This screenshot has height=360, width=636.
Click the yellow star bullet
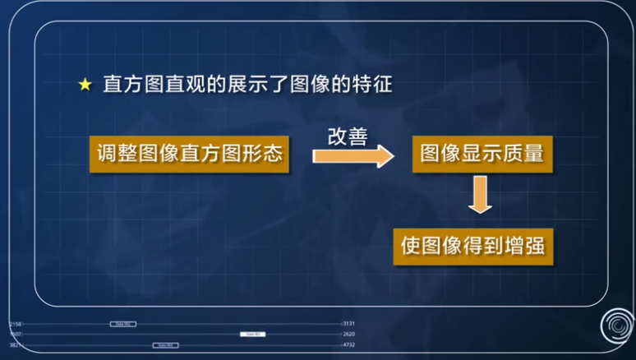85,85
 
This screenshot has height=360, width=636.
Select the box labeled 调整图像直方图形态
189,154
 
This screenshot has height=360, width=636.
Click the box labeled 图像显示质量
482,154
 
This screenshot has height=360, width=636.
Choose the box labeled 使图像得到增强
472,246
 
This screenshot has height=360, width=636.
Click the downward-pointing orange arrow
480,197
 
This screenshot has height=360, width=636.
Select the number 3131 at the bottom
348,324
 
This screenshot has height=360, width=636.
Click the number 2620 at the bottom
348,335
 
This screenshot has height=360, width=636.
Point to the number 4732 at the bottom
348,345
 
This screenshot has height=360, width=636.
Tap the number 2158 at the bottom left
15,324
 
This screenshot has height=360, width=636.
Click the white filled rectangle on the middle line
253,335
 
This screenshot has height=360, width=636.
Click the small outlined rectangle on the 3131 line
122,324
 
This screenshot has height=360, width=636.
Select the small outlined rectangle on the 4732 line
164,345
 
